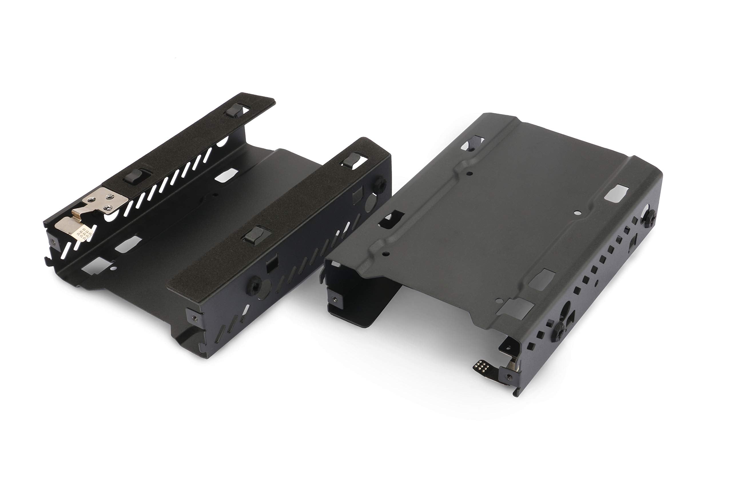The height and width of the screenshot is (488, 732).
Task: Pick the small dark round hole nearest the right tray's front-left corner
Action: (386, 254)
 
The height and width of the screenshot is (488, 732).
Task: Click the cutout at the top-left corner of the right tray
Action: (472, 144)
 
